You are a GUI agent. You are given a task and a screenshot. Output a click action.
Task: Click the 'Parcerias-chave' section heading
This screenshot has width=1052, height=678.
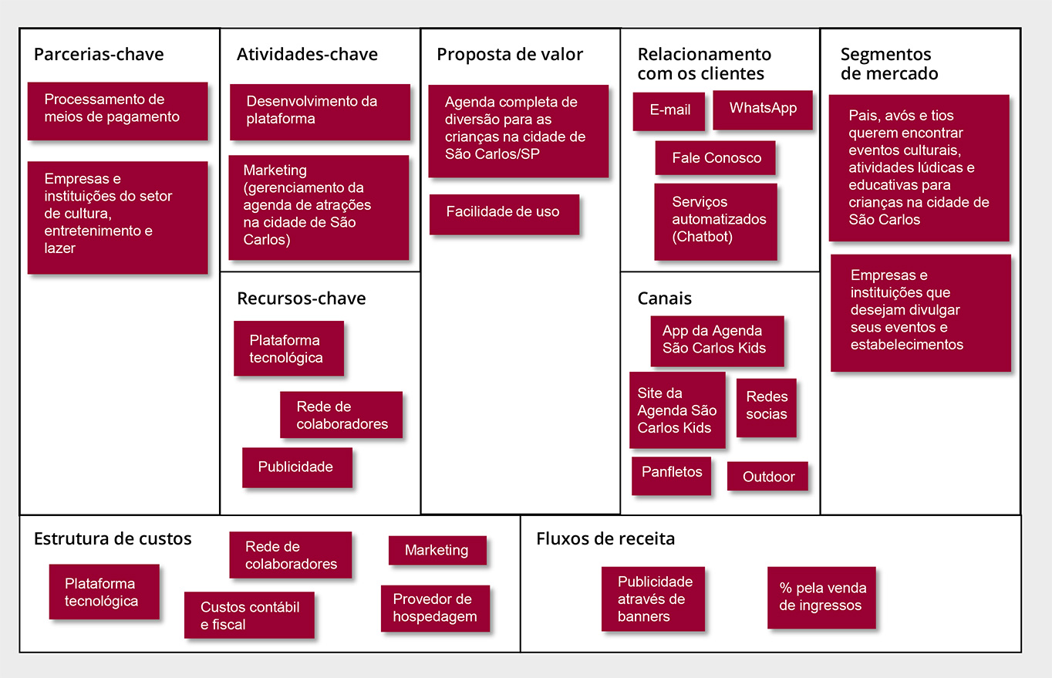(99, 55)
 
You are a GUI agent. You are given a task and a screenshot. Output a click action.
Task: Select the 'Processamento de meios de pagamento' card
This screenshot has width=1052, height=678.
(117, 111)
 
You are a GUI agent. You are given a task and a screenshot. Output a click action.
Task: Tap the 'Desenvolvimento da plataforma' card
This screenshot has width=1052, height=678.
(320, 112)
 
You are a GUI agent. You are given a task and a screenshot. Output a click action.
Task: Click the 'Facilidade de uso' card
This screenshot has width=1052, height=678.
(504, 214)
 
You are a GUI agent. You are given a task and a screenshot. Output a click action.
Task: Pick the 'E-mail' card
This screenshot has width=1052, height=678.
(669, 111)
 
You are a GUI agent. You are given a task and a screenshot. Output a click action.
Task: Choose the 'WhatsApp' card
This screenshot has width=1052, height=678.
(763, 110)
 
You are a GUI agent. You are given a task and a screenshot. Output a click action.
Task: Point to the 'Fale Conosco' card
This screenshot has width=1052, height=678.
(715, 158)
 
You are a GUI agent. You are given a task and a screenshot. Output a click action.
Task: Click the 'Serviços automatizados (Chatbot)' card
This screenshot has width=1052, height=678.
(716, 221)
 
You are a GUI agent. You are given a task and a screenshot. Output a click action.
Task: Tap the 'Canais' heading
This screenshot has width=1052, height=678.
(665, 299)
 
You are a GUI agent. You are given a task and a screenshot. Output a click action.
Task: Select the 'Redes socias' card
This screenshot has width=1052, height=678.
(767, 407)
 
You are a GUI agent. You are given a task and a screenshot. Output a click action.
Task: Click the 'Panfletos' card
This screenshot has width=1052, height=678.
(671, 476)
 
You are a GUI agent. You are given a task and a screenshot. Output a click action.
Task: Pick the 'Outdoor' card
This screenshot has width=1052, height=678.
(768, 476)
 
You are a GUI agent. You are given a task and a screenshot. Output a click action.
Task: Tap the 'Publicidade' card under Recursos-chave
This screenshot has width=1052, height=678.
(297, 467)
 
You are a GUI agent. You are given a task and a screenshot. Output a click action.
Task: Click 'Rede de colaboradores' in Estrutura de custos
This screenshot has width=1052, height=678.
(291, 555)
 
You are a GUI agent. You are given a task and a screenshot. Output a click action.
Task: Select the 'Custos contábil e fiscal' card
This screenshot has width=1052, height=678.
(249, 615)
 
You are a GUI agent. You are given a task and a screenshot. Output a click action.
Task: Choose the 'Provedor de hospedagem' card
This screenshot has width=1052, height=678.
(435, 609)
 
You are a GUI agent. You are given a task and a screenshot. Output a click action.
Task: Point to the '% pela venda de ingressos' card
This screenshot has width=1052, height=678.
(822, 597)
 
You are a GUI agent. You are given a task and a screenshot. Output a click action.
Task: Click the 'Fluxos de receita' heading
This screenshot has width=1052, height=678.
(605, 539)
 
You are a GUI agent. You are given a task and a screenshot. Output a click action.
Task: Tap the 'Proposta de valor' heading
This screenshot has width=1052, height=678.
(510, 55)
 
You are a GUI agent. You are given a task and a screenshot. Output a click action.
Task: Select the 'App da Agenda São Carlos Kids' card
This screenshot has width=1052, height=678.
(717, 341)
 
